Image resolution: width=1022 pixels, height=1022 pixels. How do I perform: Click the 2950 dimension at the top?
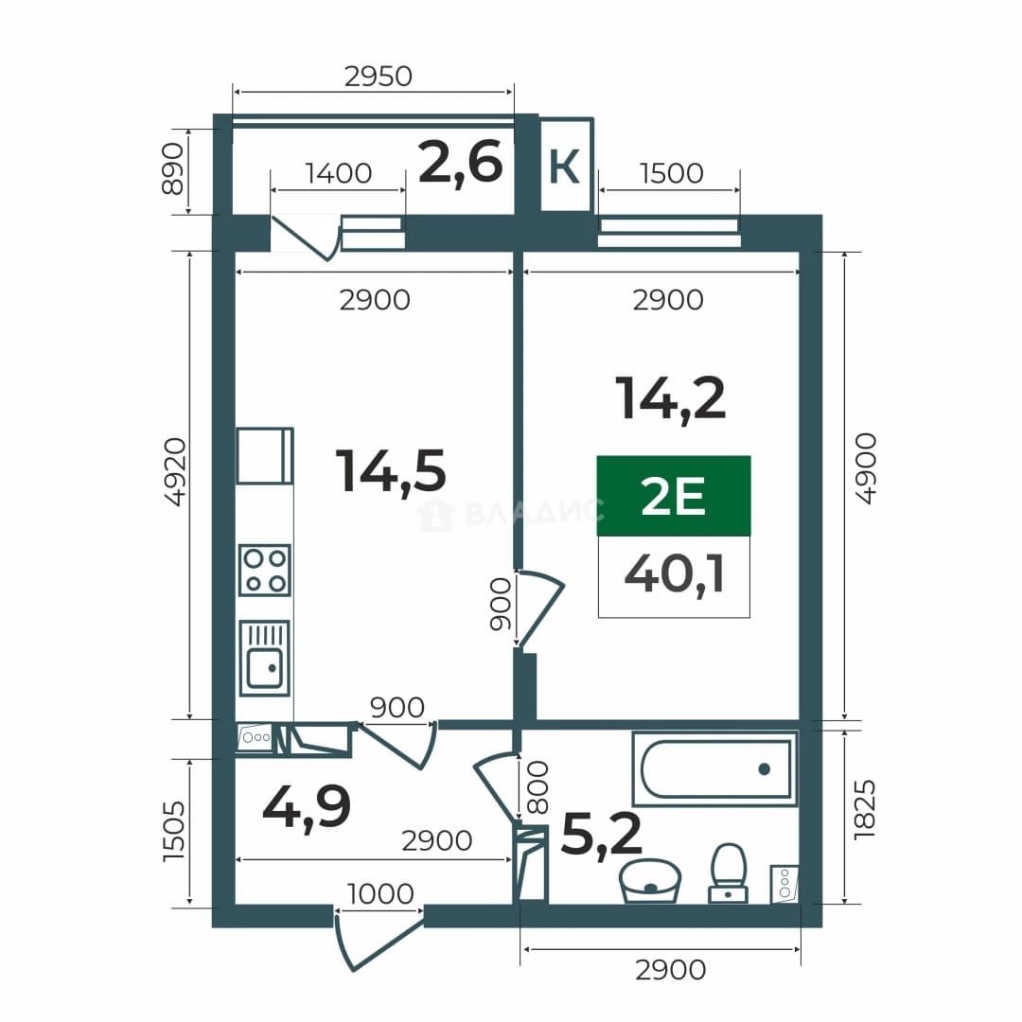(x=378, y=77)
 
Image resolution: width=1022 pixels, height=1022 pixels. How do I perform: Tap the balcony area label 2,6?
(x=461, y=163)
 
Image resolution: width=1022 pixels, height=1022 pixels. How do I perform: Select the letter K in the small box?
(x=564, y=167)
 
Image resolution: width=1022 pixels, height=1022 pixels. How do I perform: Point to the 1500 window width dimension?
(x=671, y=173)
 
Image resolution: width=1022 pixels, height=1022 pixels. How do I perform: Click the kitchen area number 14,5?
(x=391, y=471)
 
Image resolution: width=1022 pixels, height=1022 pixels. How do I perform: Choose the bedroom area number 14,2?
(x=670, y=399)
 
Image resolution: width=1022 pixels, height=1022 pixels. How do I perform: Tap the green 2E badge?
(x=674, y=496)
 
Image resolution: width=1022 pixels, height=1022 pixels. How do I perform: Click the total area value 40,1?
(x=674, y=575)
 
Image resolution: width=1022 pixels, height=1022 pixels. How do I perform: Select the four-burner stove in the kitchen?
(x=265, y=570)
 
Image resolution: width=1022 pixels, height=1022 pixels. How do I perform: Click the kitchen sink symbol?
(x=265, y=658)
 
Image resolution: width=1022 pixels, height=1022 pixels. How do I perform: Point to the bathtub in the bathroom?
(x=715, y=769)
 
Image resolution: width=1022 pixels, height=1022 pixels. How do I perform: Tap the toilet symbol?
(x=728, y=873)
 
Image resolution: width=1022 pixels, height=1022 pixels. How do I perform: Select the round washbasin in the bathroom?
(x=650, y=881)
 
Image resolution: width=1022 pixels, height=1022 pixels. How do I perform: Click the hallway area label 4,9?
(x=307, y=808)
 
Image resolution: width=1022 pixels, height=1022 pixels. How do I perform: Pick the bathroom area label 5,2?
(x=601, y=835)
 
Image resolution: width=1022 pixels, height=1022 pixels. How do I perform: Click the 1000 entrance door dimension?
(x=380, y=893)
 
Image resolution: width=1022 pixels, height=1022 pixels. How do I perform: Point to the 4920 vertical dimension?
(x=175, y=471)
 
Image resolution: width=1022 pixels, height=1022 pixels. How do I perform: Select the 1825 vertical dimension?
(x=864, y=810)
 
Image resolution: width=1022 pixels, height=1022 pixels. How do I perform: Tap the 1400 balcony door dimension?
(x=338, y=173)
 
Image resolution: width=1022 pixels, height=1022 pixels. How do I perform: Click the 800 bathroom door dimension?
(x=537, y=788)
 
